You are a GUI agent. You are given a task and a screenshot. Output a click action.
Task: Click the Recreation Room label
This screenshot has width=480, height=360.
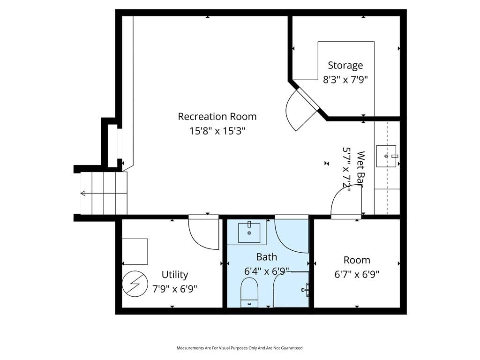tap(217, 117)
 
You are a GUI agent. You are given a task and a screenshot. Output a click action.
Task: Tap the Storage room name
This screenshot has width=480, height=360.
tap(345, 66)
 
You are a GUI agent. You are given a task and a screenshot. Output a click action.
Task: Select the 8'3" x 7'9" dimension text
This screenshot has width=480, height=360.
tap(345, 80)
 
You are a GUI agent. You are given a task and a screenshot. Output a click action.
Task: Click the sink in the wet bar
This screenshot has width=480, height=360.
tap(386, 156)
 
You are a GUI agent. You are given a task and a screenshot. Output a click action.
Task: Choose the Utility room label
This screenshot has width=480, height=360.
tap(175, 275)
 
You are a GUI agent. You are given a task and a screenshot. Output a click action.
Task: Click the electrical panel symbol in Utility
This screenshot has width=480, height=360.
tap(135, 284)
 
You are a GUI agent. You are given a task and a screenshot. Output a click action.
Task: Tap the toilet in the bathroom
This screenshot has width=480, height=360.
tap(249, 292)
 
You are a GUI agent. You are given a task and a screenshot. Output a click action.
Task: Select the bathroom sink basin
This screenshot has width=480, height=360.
tap(249, 233)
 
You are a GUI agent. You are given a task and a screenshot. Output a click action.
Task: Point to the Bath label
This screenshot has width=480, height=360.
tap(267, 257)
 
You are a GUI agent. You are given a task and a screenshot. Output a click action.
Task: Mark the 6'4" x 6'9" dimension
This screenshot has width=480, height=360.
tap(267, 271)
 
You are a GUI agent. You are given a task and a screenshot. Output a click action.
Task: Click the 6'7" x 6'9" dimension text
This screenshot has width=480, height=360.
tap(357, 274)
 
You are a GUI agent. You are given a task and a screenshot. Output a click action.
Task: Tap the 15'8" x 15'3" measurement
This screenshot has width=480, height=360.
tap(217, 131)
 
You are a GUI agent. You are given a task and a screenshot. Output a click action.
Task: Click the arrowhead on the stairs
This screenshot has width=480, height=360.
tap(83, 194)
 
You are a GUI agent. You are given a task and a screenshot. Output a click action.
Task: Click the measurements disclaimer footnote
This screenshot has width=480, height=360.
tap(240, 348)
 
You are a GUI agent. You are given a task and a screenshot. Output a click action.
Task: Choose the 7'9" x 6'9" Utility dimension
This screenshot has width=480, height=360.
tap(175, 289)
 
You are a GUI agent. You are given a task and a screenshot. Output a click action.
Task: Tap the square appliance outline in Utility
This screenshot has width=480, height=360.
tap(135, 252)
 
